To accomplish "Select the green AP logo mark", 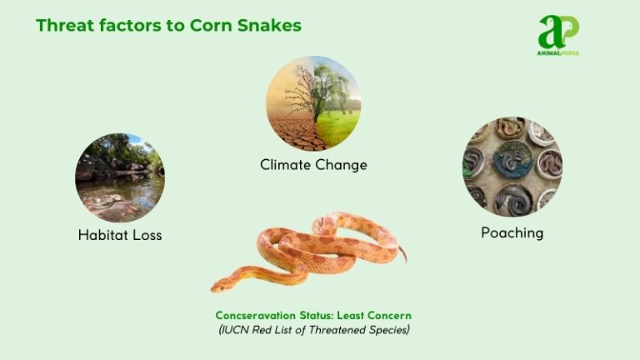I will coord(557,32).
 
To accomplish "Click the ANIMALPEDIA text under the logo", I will coord(557,53).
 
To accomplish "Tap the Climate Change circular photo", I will coord(313,103).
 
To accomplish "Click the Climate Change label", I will coord(313,165).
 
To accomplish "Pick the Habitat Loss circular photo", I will coord(120,177).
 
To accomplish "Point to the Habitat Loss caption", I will coord(120,235).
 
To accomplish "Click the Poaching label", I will coord(512,232).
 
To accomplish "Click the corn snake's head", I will coord(221,286).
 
